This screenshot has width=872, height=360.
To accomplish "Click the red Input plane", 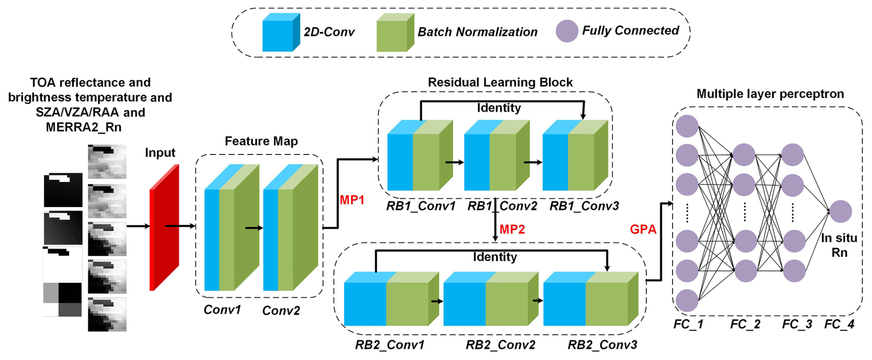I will (164, 228).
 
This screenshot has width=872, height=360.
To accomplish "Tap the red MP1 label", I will (352, 200).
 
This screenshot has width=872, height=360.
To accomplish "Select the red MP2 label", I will (512, 229).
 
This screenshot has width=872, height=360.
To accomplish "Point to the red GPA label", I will (643, 229).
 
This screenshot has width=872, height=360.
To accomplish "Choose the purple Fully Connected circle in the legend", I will (567, 31).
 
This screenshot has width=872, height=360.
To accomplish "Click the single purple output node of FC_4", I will (840, 211).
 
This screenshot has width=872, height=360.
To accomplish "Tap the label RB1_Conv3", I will (584, 206).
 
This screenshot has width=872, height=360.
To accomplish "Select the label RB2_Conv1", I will (389, 345).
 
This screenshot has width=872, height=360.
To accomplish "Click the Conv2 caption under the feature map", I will (281, 311).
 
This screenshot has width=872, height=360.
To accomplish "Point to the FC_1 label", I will (688, 324).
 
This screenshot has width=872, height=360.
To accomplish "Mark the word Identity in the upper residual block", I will (499, 108).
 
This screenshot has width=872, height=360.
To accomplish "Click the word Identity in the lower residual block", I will (494, 257).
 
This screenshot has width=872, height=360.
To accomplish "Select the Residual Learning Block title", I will (500, 82).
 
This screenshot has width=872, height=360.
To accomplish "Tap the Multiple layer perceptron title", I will (770, 94).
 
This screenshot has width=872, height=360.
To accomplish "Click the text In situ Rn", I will (839, 245).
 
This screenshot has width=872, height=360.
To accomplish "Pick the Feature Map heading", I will (261, 141).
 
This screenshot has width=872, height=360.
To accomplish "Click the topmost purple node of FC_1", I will (687, 126).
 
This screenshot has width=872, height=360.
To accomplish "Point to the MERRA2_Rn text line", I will (84, 127).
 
